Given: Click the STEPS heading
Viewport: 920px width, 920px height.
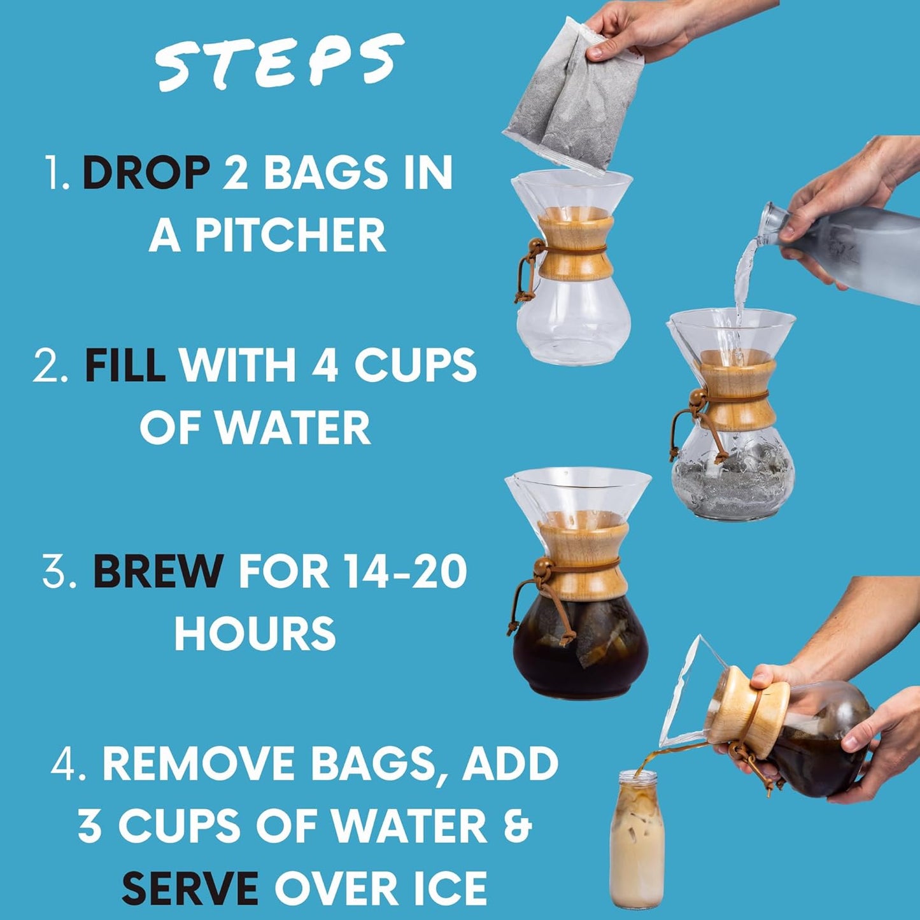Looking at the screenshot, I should pos(280,62).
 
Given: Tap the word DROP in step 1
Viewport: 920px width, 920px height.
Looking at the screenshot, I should pos(146,173).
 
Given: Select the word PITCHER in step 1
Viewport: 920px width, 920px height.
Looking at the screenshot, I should pos(290,236).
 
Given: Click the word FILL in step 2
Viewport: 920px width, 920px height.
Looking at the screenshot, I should pos(125,365).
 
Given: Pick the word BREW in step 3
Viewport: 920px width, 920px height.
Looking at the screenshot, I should pos(158,571).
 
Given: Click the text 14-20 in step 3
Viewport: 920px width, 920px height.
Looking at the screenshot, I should pos(404,571).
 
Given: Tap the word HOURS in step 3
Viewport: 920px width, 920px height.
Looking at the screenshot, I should pos(255,633).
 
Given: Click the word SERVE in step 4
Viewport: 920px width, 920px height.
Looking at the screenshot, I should pos(190,888).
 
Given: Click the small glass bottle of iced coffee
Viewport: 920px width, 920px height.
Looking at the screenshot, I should pos(637,840).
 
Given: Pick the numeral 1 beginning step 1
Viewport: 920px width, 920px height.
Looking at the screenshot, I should pos(56,173).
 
